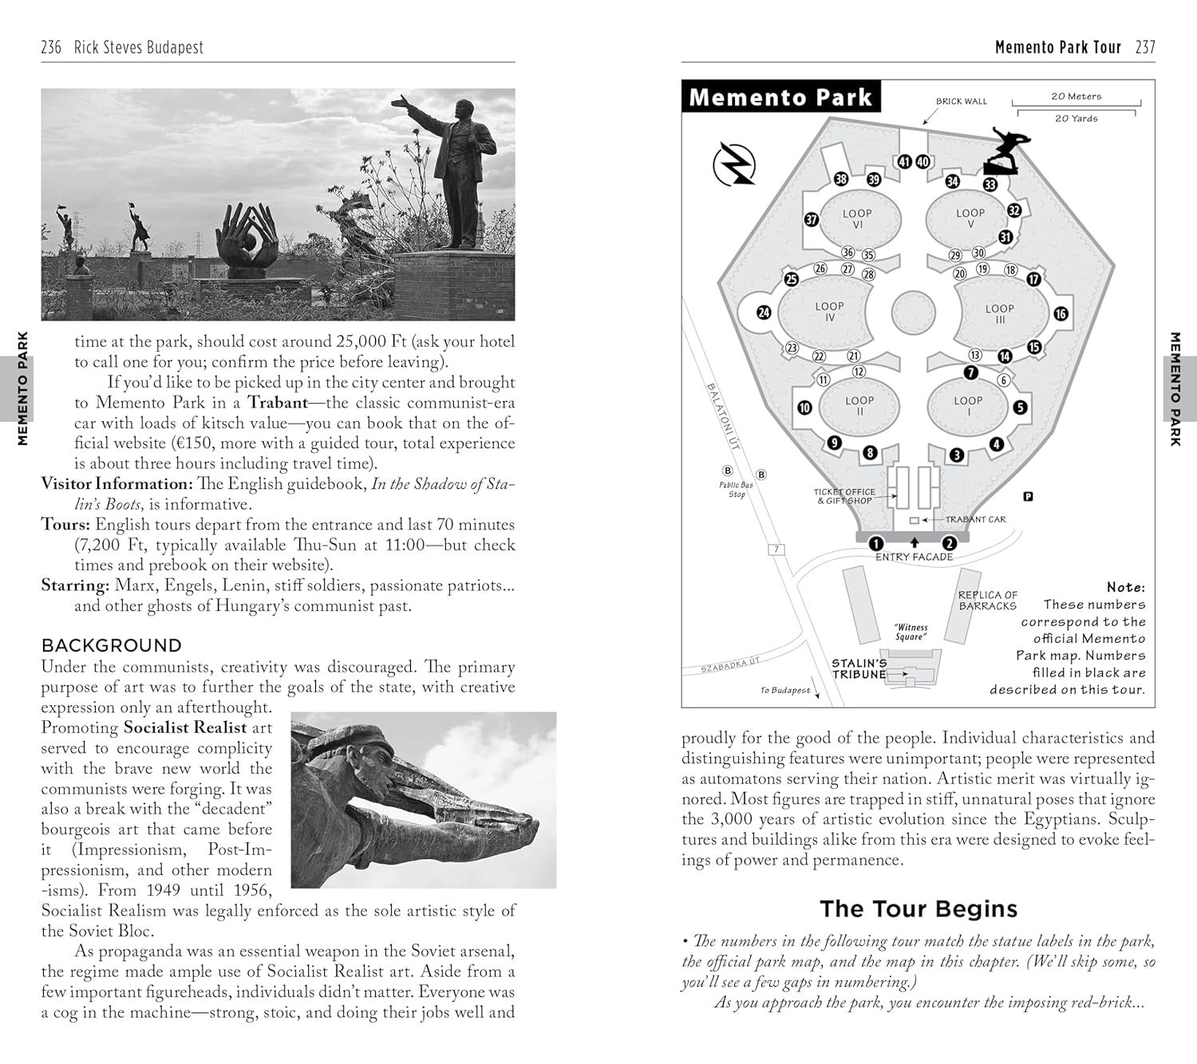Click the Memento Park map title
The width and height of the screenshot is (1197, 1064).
pos(780,97)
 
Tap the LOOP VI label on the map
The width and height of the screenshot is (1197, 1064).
pos(857,219)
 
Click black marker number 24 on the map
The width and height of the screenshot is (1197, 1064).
pos(764,313)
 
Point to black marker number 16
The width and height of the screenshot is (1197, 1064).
pos(1061,313)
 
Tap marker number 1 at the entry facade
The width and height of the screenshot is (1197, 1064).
pos(876,544)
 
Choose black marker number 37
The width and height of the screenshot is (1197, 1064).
pos(811,219)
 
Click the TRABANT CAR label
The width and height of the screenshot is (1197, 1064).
pos(975,519)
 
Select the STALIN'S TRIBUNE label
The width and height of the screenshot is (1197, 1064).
pos(859,668)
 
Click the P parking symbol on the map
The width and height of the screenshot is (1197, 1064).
pos(1028,496)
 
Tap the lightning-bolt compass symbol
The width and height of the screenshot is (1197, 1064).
pos(734,164)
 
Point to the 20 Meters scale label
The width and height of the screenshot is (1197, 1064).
pos(1076,97)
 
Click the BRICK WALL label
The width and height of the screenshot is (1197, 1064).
pos(961,101)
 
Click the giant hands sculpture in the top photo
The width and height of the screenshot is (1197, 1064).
pos(247,237)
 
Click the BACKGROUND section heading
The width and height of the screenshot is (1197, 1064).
pos(112,645)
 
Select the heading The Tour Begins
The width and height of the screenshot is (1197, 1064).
pos(918,908)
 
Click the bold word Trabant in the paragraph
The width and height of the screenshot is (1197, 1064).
pos(277,403)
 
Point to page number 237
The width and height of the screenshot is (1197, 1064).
pos(1145,47)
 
